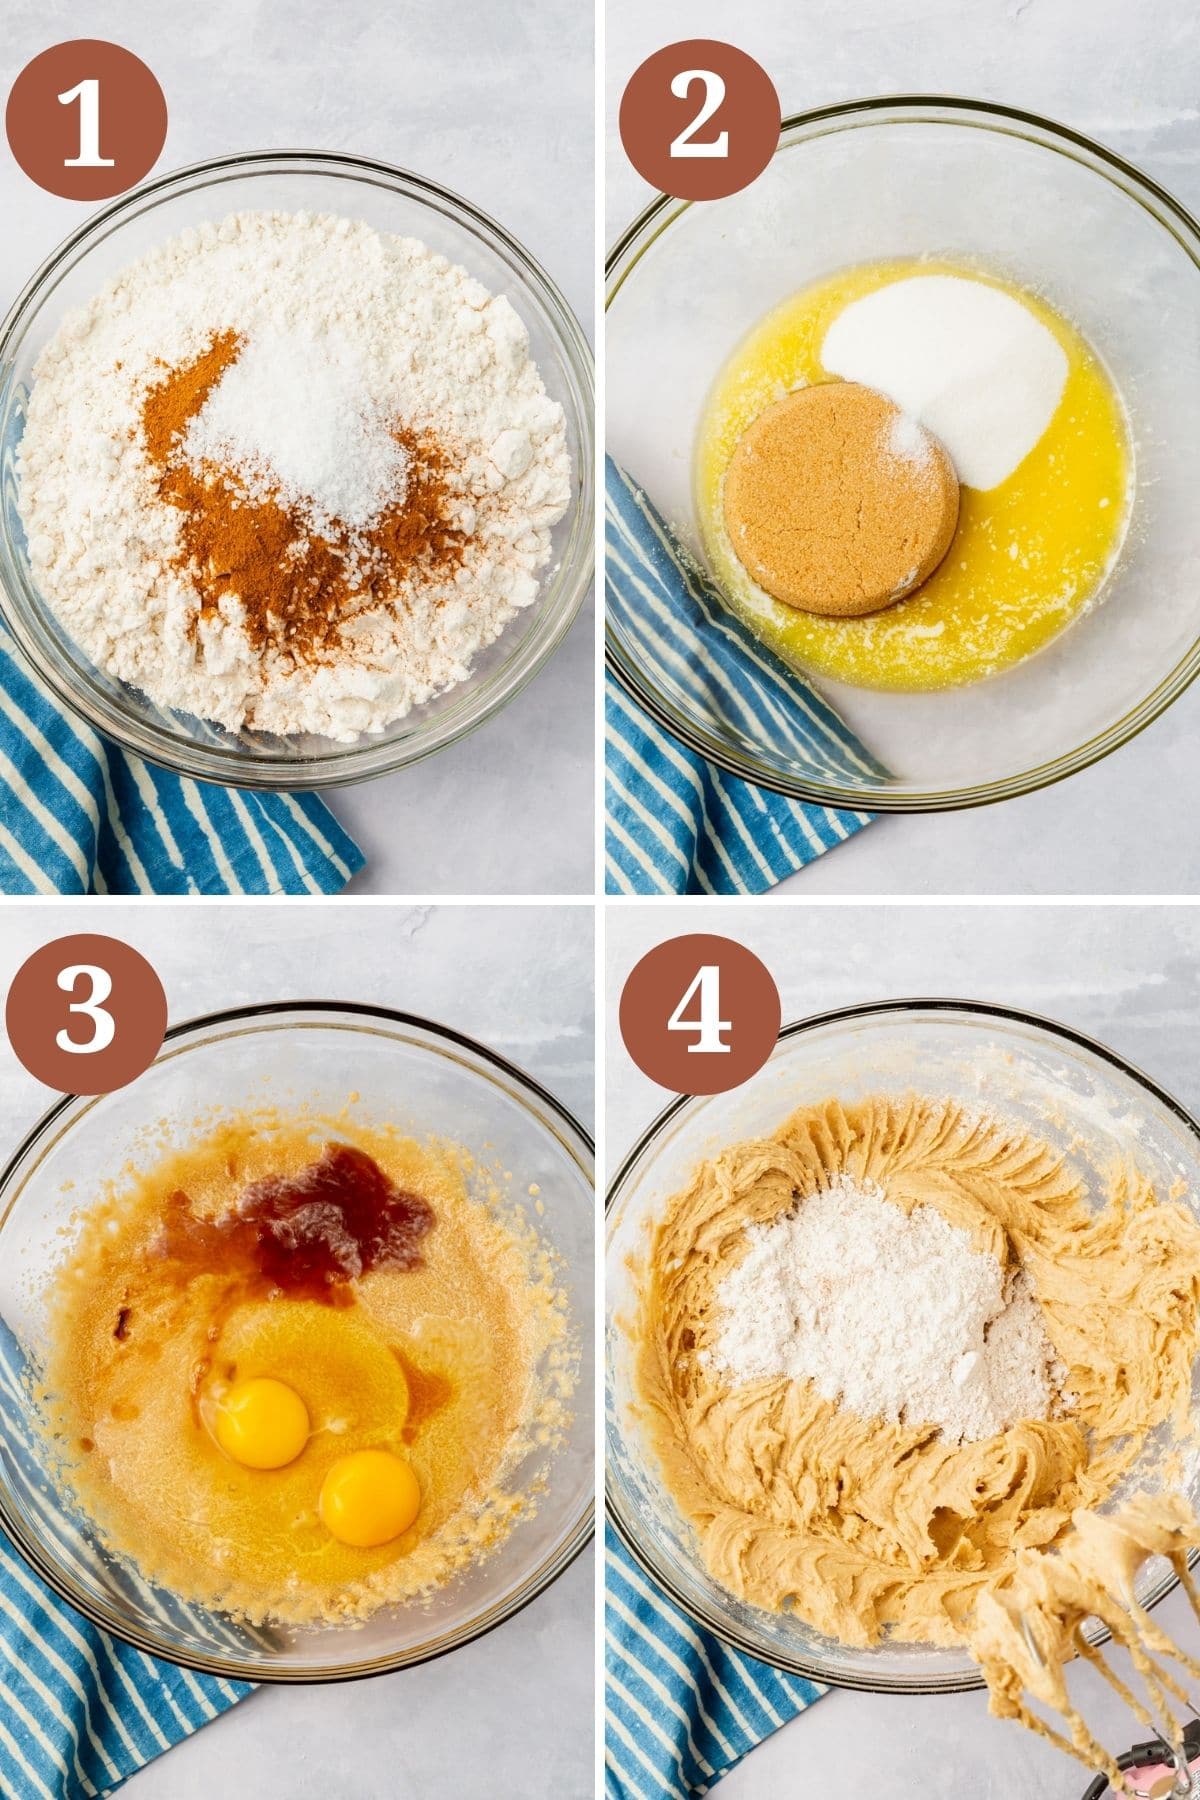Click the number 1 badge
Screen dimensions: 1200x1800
86,120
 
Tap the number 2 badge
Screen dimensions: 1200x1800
699,120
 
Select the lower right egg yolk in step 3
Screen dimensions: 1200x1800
370,1497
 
